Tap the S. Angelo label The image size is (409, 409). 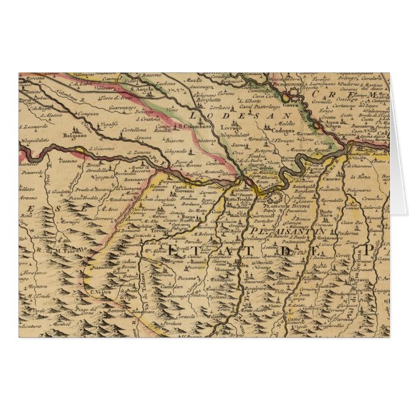coord(143,90)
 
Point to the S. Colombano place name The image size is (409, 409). coord(195,126)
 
